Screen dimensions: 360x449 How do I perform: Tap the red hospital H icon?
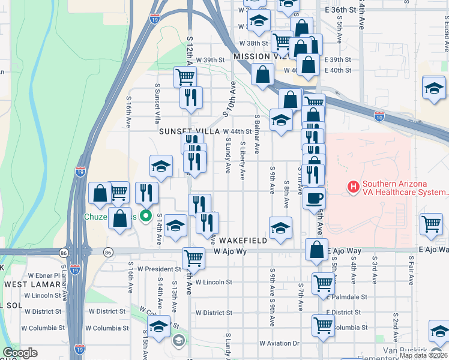[353, 188]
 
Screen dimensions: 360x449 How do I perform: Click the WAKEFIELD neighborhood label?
[243, 240]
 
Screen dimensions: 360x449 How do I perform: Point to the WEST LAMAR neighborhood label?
[29, 284]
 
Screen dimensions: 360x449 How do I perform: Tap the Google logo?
[20, 353]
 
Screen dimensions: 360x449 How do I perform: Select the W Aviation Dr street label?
[279, 343]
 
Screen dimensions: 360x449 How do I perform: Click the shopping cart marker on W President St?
[193, 258]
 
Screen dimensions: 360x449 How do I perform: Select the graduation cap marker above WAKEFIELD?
[280, 228]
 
